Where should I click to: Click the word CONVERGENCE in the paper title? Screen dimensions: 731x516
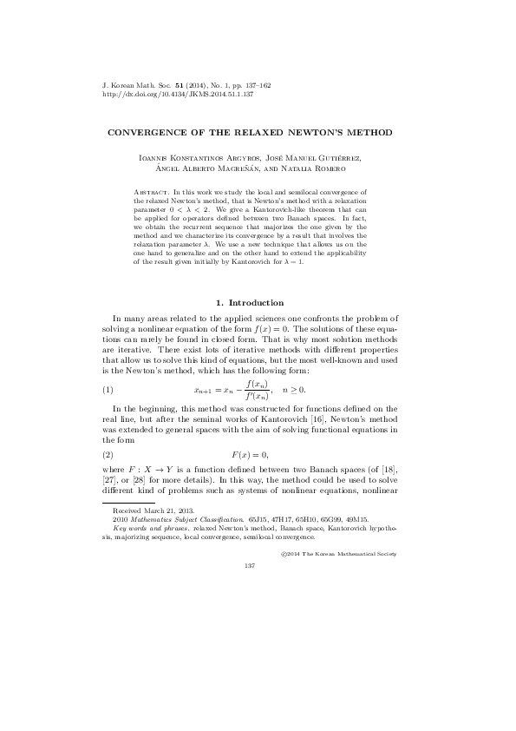coord(151,133)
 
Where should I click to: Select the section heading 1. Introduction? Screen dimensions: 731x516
coord(249,302)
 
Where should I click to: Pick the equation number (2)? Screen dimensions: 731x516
coord(108,454)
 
